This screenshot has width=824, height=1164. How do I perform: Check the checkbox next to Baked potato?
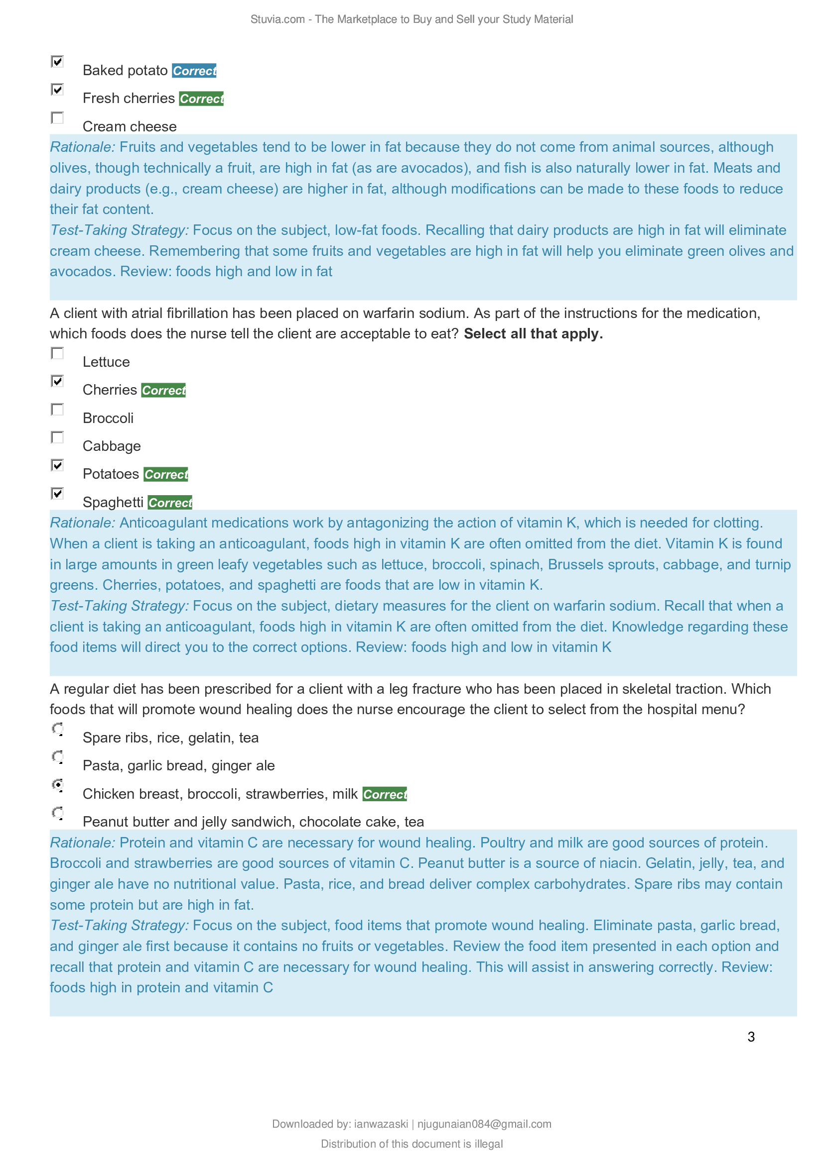point(57,62)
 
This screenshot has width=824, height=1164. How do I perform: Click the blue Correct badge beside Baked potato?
point(194,71)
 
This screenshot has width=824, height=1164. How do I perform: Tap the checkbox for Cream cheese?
point(57,118)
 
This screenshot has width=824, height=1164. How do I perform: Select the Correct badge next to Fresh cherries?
point(201,99)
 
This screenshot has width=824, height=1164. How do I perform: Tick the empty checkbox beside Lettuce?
point(57,353)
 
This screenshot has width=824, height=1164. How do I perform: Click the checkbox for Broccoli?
point(57,410)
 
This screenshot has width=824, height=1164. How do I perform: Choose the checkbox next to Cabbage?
point(57,437)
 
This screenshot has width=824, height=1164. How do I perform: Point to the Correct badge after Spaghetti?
point(170,503)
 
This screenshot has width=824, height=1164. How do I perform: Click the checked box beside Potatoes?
point(57,465)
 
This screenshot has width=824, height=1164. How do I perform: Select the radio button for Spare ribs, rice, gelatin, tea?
point(58,729)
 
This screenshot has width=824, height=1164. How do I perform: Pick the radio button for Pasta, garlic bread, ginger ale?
point(58,757)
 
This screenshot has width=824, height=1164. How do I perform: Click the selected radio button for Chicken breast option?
point(58,785)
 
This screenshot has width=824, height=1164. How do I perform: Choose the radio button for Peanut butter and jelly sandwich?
point(58,813)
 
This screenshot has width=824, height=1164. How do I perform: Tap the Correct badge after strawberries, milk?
point(385,794)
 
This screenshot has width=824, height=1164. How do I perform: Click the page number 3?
point(751,1037)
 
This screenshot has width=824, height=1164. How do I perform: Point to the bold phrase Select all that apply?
point(533,333)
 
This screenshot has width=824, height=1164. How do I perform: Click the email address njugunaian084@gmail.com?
point(484,1124)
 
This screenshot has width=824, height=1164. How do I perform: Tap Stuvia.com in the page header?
point(277,19)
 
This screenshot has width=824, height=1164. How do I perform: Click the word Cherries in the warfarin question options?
point(110,390)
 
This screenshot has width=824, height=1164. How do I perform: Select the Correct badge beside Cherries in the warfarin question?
point(163,390)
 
